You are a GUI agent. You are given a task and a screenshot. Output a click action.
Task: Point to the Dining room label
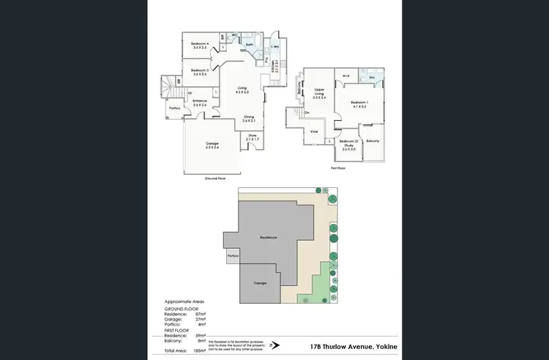[x=249, y=118]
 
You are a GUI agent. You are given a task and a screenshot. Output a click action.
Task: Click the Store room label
[x=253, y=137]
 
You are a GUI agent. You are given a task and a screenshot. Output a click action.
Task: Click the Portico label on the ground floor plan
[x=175, y=108]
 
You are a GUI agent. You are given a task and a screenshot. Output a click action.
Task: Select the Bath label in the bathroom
[x=250, y=44]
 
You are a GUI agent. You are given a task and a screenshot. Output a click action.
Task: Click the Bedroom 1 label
[x=358, y=104]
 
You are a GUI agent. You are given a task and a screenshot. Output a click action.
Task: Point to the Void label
[x=314, y=132]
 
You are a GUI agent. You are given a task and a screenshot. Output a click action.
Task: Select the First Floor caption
[x=337, y=168]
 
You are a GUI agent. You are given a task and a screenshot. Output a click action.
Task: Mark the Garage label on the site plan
[x=260, y=282]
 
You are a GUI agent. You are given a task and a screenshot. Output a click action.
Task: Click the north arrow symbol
[x=272, y=345]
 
